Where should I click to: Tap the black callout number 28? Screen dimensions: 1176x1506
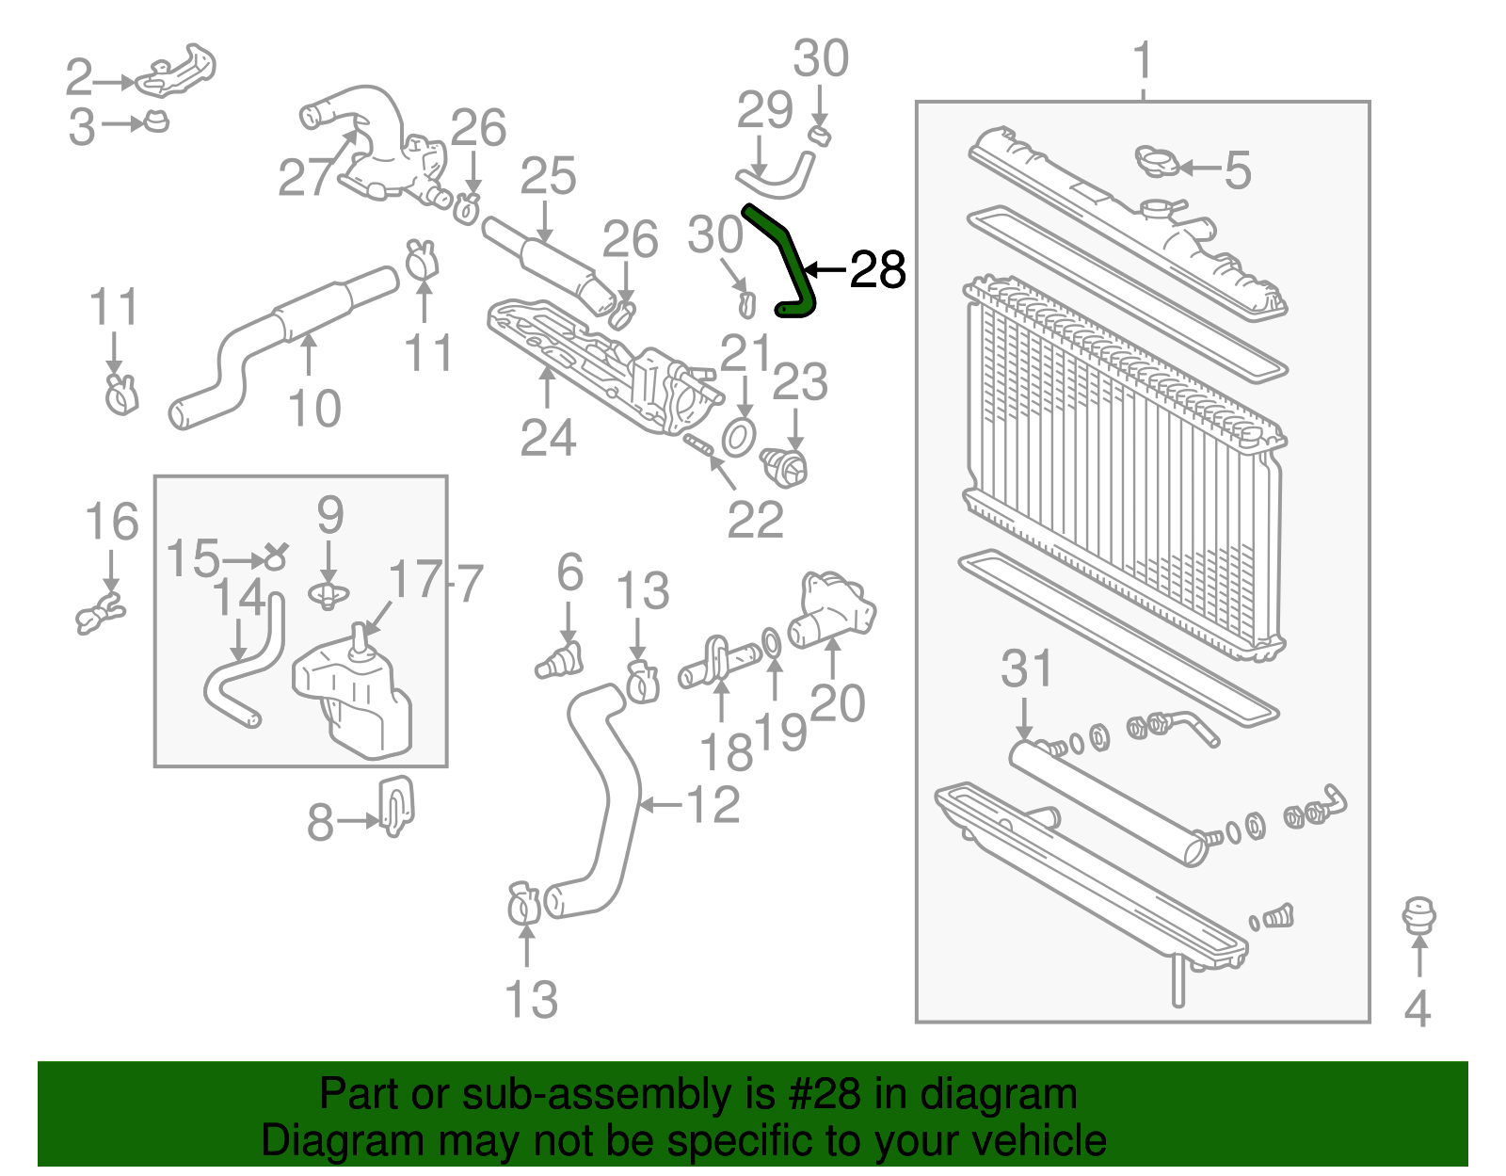[877, 270]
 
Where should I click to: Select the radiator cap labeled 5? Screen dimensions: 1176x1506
[1156, 161]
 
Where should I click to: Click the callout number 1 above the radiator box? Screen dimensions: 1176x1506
[1143, 61]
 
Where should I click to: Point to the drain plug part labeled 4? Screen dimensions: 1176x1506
[1418, 916]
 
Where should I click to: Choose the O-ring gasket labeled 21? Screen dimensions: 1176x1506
[739, 437]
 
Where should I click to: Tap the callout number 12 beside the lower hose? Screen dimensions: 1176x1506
[713, 805]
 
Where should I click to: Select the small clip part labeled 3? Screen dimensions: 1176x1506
[156, 121]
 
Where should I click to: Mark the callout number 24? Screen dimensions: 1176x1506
[548, 438]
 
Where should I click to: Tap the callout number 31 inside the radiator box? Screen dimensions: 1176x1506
[1026, 669]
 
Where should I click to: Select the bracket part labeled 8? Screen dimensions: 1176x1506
[396, 805]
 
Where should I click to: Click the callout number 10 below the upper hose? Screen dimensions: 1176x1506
[313, 409]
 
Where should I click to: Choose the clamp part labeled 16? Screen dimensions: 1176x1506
[100, 613]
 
